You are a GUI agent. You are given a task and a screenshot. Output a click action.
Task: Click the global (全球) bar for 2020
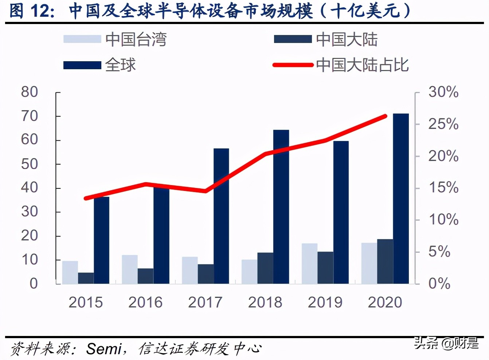401,199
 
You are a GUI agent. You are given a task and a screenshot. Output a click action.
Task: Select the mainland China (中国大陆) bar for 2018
265,268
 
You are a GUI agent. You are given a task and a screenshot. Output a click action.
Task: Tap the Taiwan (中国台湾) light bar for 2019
309,263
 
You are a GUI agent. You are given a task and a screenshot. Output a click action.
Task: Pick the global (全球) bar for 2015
101,240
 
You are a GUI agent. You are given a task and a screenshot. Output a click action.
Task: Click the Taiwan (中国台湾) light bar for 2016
130,269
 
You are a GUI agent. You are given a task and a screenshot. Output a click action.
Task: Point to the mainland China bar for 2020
385,261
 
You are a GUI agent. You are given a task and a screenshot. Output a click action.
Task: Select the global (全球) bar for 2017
221,216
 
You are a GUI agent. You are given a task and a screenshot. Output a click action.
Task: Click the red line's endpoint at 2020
386,116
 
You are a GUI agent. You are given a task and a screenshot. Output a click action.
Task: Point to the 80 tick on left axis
30,92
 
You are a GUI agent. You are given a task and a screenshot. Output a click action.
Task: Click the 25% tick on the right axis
443,124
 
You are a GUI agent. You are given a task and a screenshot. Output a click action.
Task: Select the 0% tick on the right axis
439,283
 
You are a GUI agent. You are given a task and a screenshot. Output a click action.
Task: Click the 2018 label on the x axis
265,302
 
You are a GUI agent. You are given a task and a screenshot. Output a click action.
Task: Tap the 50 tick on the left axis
30,164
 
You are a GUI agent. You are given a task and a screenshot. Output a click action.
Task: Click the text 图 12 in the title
31,11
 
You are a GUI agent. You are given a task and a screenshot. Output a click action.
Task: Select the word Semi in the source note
104,349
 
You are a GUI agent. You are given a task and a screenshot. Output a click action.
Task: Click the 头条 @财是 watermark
446,343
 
